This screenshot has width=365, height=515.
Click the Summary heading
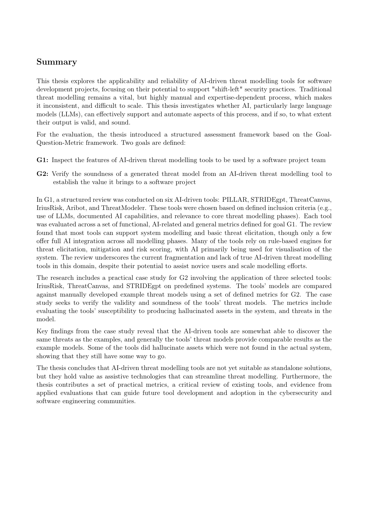pos(56,62)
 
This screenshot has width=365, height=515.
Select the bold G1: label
pos(42,160)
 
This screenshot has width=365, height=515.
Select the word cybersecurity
pos(297,393)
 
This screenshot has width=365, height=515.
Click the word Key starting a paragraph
pos(42,331)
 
